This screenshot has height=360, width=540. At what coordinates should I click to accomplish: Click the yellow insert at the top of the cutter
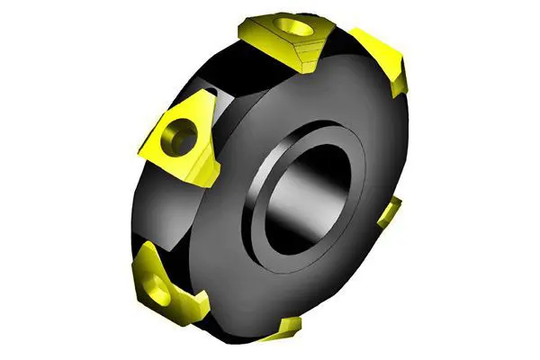tap(286, 36)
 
